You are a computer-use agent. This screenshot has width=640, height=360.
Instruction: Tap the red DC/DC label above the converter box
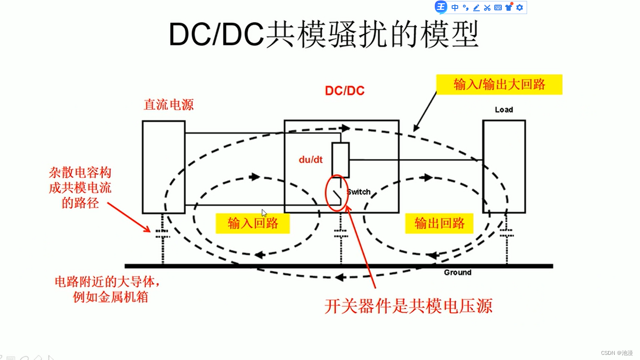345,90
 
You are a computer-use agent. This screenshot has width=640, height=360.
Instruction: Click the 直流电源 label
169,105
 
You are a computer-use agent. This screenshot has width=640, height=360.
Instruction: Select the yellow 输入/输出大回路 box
499,84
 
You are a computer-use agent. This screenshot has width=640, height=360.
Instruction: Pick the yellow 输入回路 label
253,223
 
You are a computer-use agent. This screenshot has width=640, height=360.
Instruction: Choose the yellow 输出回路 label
439,223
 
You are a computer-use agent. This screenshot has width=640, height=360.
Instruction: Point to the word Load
504,110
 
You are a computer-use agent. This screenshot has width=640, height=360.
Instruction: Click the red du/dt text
311,159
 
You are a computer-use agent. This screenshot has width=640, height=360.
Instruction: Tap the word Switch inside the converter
359,192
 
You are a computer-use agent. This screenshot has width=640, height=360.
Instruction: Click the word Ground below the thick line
457,272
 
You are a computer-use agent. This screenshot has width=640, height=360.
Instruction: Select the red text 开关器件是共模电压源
408,306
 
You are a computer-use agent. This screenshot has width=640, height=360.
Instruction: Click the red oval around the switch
336,193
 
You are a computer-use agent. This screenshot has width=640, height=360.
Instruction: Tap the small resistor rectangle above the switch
341,159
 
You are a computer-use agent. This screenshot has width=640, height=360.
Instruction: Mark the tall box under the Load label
504,166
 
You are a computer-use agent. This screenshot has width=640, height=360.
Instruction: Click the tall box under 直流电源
164,166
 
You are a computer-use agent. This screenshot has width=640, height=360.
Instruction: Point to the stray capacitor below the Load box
506,233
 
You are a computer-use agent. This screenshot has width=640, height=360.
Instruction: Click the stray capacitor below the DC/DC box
341,233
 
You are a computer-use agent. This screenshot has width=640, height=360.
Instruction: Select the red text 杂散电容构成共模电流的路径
80,188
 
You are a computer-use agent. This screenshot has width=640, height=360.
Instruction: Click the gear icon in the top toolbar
519,7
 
